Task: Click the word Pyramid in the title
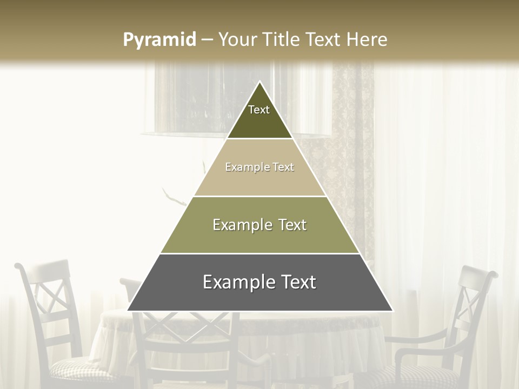[159, 40]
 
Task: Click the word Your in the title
[237, 40]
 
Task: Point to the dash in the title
[207, 40]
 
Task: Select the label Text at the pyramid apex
[259, 110]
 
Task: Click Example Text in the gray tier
[259, 282]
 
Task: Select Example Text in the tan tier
[259, 167]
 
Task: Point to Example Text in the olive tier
[259, 225]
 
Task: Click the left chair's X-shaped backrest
[51, 303]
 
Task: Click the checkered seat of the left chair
[81, 370]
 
